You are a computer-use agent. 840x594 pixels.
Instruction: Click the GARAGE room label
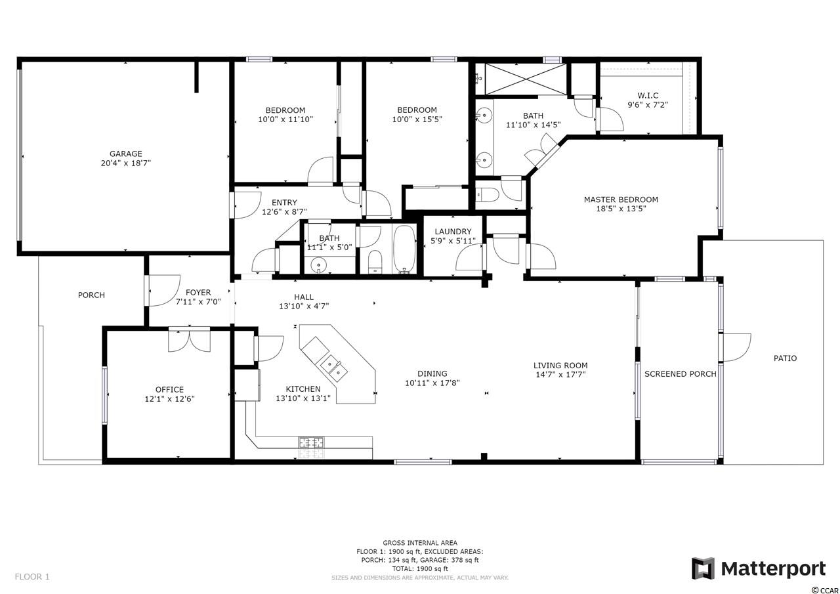125,154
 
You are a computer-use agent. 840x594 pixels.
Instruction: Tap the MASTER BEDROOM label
621,200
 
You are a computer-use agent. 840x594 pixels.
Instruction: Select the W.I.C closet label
648,96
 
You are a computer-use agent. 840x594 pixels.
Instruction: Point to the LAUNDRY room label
453,232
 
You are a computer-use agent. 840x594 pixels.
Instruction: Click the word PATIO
785,358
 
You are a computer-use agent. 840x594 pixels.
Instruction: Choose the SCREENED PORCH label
681,374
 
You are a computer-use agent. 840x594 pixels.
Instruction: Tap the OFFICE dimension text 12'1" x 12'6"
169,399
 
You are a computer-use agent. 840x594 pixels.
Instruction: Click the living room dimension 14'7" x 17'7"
560,374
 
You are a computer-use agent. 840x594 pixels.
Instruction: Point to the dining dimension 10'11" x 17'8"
432,383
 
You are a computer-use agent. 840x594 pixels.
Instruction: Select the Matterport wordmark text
773,569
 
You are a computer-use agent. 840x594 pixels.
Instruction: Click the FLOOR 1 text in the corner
32,577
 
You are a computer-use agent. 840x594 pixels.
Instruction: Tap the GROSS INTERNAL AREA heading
419,543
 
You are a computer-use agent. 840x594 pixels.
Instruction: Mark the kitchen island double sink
333,368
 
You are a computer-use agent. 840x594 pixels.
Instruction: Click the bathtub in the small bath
404,249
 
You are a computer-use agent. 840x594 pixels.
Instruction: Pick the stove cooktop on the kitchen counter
311,443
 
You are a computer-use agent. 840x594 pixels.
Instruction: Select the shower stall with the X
526,79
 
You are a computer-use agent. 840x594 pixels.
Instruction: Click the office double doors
190,340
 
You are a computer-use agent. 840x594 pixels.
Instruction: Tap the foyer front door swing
163,291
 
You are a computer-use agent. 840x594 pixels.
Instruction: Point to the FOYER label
198,293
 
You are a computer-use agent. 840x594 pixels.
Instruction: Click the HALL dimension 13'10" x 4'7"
304,306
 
